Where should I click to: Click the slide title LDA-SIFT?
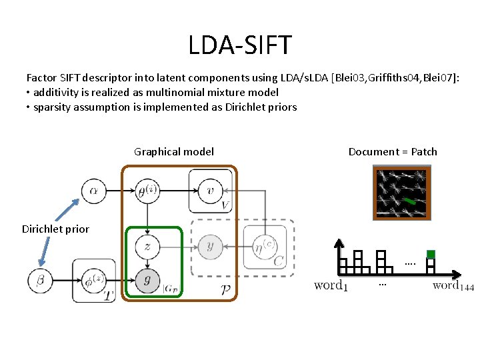tap(239, 45)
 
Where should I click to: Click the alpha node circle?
tap(93, 191)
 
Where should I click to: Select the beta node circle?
tap(40, 281)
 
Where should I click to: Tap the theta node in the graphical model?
tap(147, 191)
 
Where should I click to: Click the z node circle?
tap(147, 247)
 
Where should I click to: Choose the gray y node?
tap(210, 247)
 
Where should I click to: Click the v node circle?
tap(210, 190)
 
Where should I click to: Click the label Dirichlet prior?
tap(55, 229)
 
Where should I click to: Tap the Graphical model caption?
tap(174, 151)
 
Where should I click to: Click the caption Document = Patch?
tap(393, 151)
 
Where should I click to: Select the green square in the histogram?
tap(431, 254)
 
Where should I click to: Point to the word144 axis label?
tap(453, 286)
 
